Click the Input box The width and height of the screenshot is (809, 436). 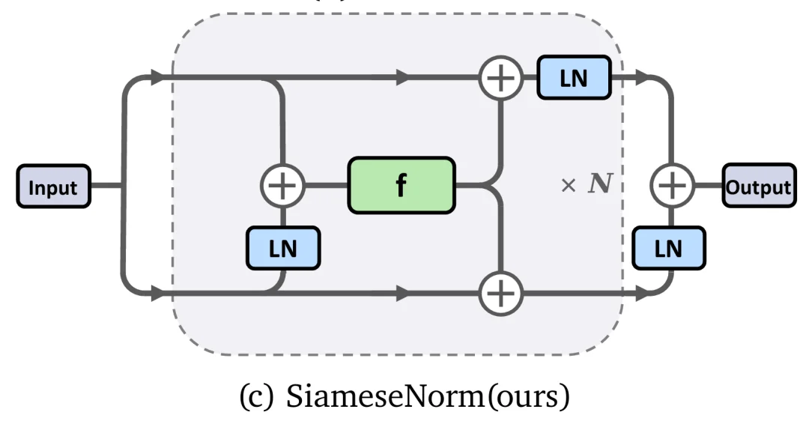pyautogui.click(x=52, y=186)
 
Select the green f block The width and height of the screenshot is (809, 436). pyautogui.click(x=401, y=184)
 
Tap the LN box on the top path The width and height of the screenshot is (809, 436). pyautogui.click(x=575, y=78)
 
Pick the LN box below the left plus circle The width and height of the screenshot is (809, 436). pyautogui.click(x=282, y=248)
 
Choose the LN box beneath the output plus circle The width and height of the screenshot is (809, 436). pyautogui.click(x=668, y=248)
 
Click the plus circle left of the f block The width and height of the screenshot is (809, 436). pyautogui.click(x=282, y=184)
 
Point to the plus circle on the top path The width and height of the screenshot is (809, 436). pyautogui.click(x=501, y=78)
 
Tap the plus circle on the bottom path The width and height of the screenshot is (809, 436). pyautogui.click(x=501, y=294)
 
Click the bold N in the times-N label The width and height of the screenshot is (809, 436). pyautogui.click(x=598, y=184)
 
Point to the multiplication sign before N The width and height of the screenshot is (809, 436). pyautogui.click(x=568, y=185)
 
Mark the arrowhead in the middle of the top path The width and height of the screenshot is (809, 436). pyautogui.click(x=403, y=76)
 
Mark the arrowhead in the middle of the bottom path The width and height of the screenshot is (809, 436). pyautogui.click(x=403, y=294)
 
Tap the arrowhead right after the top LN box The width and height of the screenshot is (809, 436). pyautogui.click(x=640, y=76)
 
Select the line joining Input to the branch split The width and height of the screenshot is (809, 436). pyautogui.click(x=105, y=185)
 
